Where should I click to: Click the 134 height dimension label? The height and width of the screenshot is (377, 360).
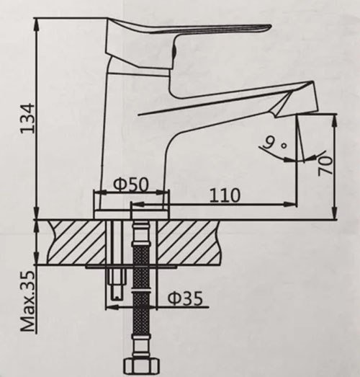(x=27, y=116)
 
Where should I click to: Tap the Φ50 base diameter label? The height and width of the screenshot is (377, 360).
(x=131, y=185)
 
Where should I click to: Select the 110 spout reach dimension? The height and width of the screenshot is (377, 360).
(x=226, y=194)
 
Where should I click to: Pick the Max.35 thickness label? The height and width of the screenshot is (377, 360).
(x=27, y=303)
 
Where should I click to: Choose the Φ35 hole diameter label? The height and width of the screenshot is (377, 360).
(x=185, y=297)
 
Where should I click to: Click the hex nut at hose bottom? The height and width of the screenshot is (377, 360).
(x=141, y=365)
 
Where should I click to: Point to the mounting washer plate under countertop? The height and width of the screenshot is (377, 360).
(x=130, y=266)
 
